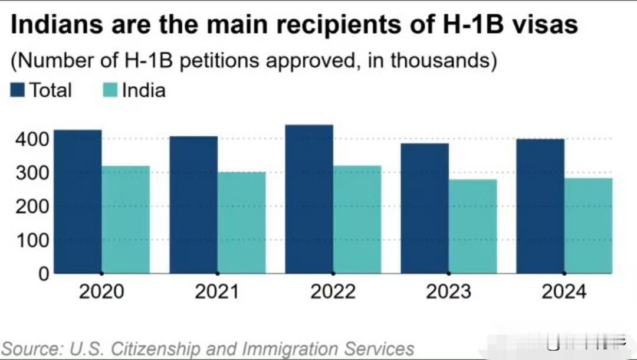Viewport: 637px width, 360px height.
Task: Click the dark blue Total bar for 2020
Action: tap(78, 202)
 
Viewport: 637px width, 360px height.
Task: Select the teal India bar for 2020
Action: tap(126, 220)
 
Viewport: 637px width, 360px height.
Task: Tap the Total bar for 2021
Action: tap(193, 205)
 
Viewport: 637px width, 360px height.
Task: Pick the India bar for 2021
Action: tap(241, 222)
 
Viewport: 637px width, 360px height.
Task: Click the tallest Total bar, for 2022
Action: tap(309, 199)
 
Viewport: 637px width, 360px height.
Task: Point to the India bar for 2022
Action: tap(357, 220)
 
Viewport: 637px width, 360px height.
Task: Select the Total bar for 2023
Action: tap(425, 208)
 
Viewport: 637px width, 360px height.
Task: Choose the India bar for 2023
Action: tap(472, 226)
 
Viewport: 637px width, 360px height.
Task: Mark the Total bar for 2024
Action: tap(540, 206)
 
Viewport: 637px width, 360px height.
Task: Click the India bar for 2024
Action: tap(588, 225)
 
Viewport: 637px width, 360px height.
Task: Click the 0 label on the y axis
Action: tap(42, 274)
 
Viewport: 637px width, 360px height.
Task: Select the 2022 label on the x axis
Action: tap(333, 292)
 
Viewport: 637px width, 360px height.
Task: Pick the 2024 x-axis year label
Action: tap(564, 292)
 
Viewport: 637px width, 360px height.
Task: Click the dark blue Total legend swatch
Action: tap(18, 90)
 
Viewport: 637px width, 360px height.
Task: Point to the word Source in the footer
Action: tap(32, 348)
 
